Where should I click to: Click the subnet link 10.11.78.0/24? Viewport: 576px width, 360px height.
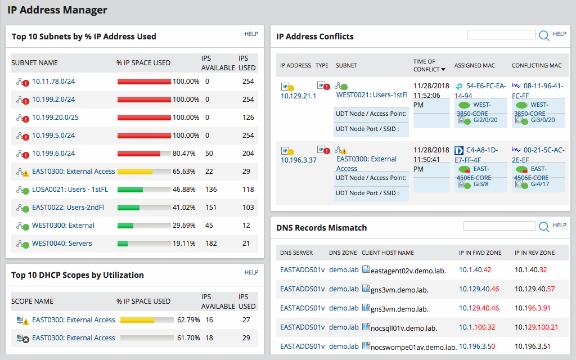click(53, 82)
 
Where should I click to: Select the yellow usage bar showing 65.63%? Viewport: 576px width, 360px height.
click(135, 172)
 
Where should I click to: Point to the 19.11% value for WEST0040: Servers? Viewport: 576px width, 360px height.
click(184, 244)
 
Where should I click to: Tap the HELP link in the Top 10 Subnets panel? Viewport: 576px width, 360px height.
click(251, 34)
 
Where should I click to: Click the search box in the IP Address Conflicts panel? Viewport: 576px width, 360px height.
click(501, 35)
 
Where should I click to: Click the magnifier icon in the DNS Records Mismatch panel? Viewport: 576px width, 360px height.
click(544, 227)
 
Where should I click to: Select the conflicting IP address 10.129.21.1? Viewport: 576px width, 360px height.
click(298, 96)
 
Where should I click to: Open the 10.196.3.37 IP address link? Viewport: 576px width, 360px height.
click(298, 160)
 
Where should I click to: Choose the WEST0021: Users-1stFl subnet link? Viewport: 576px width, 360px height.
click(371, 95)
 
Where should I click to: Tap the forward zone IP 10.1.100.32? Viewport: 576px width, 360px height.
click(477, 327)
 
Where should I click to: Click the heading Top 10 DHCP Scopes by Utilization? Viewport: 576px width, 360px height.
click(78, 275)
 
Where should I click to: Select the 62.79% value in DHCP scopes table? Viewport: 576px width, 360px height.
click(188, 320)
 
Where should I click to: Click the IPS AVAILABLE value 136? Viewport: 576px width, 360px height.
click(211, 190)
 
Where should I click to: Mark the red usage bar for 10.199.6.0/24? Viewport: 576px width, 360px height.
click(138, 154)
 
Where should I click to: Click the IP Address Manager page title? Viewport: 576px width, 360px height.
click(57, 10)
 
